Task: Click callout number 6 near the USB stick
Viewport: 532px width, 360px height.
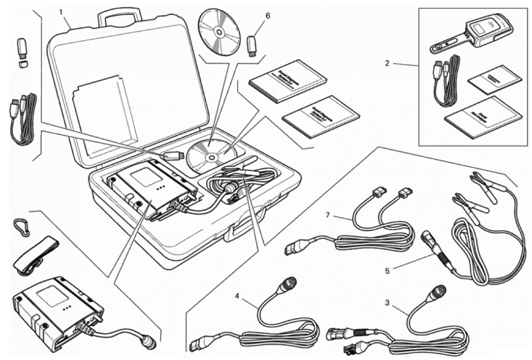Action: [x=268, y=16]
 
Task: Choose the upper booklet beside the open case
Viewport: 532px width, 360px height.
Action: [x=287, y=81]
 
